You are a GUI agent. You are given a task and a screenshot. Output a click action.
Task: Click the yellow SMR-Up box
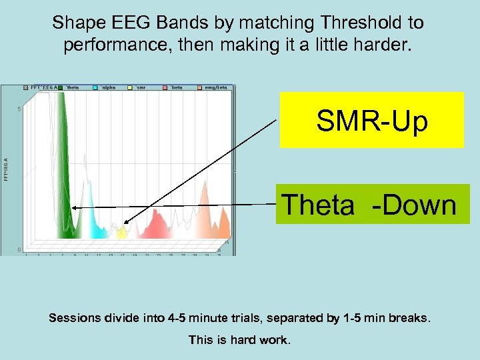click(x=371, y=120)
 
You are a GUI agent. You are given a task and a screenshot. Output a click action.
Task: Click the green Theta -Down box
click(x=372, y=204)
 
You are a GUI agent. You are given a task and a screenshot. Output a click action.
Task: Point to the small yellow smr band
click(x=121, y=233)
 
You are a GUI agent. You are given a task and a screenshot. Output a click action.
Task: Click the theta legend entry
click(x=73, y=87)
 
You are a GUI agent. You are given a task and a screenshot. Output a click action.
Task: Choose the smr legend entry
click(x=141, y=87)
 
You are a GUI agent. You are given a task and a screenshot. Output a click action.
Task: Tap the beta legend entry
click(x=176, y=87)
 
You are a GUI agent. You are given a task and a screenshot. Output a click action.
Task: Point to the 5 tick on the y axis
click(x=19, y=109)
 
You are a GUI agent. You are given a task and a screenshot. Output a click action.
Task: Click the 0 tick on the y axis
click(x=19, y=250)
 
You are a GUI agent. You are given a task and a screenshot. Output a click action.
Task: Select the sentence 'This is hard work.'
click(x=240, y=340)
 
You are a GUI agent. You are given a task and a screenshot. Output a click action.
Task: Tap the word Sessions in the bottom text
click(x=74, y=318)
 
